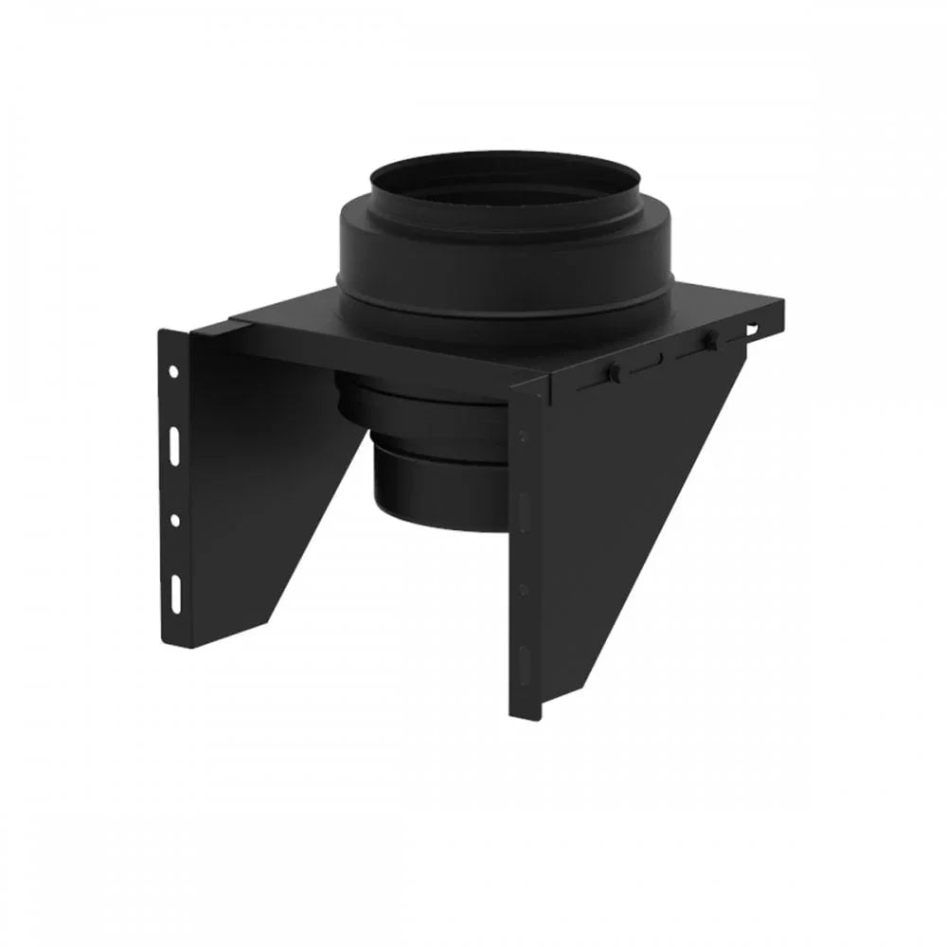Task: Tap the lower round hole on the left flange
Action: click(x=175, y=520)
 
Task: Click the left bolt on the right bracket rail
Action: click(x=613, y=373)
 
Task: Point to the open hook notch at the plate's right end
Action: click(x=753, y=329)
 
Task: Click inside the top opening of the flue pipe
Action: click(x=502, y=185)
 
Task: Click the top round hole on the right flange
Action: click(x=522, y=436)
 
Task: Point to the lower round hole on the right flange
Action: click(x=523, y=588)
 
